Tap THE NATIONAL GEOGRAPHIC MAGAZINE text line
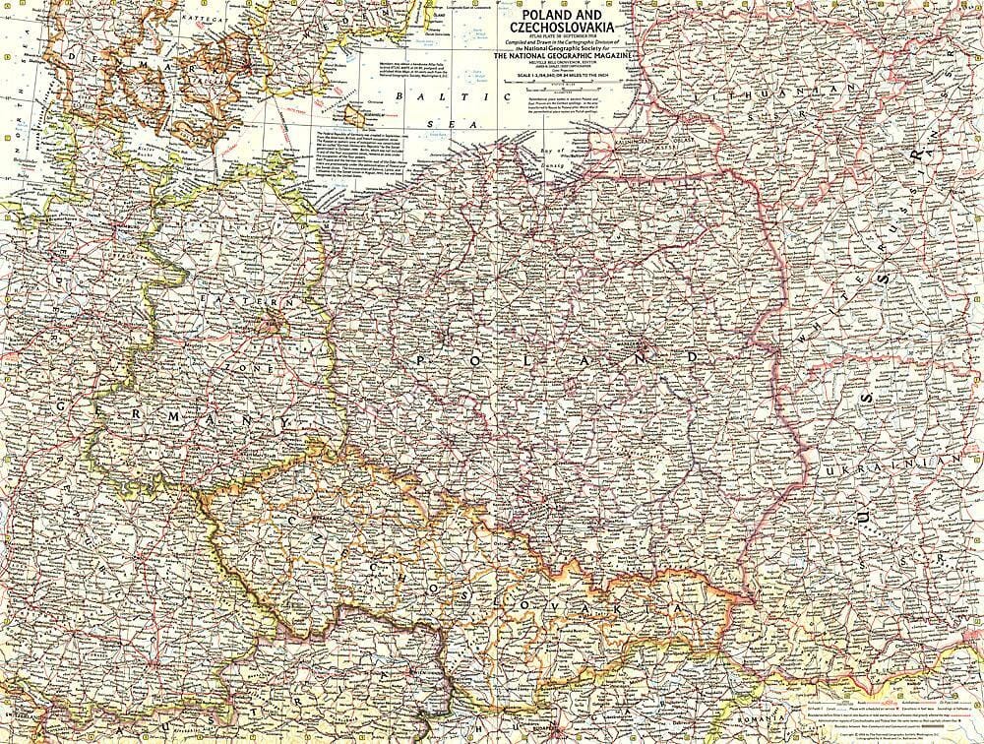pyautogui.click(x=566, y=57)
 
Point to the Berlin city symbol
pyautogui.click(x=269, y=320)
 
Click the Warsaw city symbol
pyautogui.click(x=643, y=347)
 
